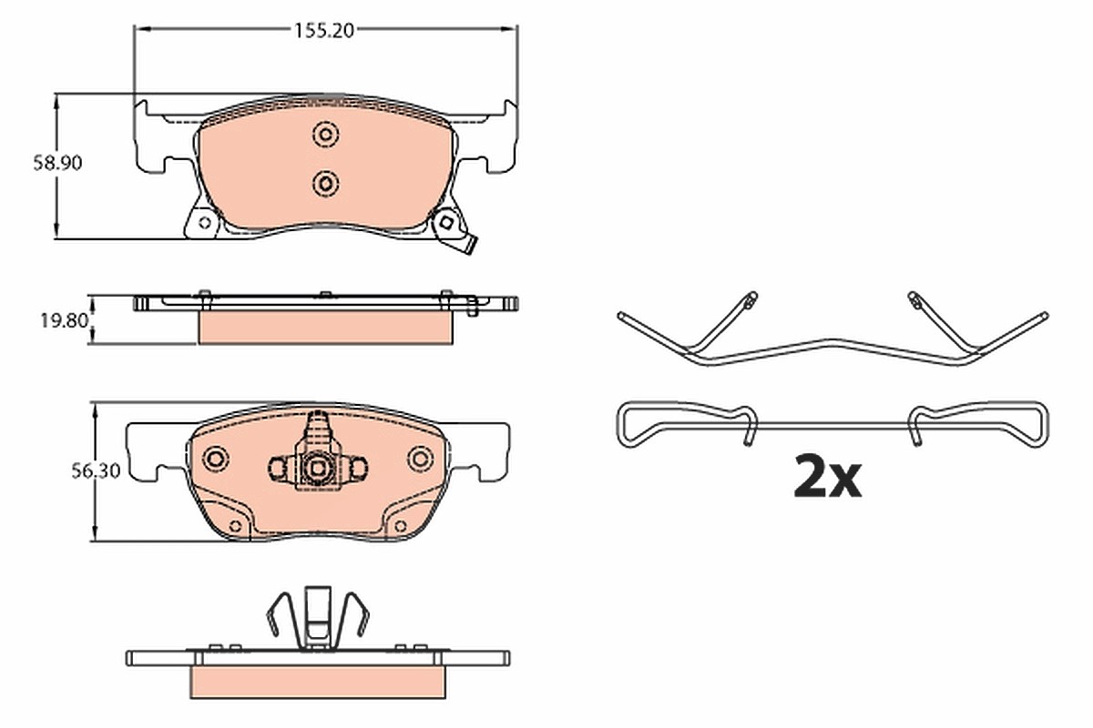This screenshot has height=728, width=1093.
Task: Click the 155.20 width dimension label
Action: coord(323,31)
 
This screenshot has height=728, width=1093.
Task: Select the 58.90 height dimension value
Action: coord(57,163)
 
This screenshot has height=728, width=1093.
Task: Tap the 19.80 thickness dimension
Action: coord(64,321)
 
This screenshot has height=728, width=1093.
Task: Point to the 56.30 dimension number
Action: coord(96,471)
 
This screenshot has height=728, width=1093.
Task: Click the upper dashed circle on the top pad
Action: coord(326,134)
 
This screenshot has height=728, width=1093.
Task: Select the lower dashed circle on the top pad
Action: coord(325,184)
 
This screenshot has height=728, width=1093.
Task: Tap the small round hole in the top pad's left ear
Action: coord(205,223)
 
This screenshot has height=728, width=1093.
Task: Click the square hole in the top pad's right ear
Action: coord(446,222)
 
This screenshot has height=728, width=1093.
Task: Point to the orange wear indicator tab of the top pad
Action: coord(471,246)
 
